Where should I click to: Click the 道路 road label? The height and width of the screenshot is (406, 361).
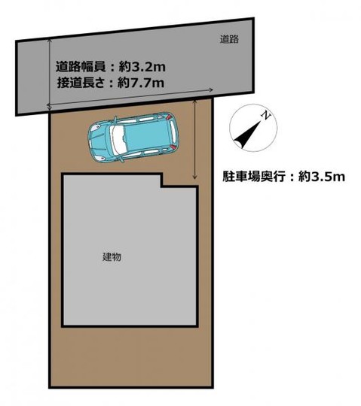(x=229, y=39)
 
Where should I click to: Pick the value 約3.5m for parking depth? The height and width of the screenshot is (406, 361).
(x=321, y=177)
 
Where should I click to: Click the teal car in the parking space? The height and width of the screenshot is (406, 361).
(x=136, y=138)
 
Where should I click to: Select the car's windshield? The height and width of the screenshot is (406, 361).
(x=118, y=140)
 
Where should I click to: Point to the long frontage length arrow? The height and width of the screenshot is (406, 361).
(x=128, y=100)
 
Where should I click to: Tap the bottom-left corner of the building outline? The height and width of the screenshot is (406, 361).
(x=63, y=325)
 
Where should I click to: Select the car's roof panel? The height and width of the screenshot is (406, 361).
(x=147, y=138)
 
